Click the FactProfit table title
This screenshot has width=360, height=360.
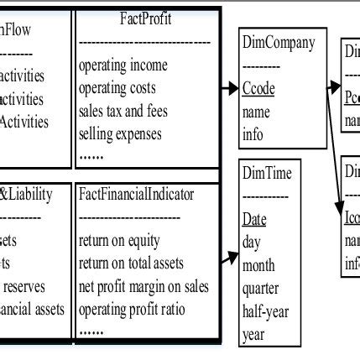pyautogui.click(x=147, y=18)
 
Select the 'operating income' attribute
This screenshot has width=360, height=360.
pyautogui.click(x=123, y=65)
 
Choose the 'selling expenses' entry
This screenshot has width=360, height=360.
pyautogui.click(x=123, y=133)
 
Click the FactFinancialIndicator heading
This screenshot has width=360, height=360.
pyautogui.click(x=136, y=195)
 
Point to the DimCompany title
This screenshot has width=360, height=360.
pyautogui.click(x=278, y=42)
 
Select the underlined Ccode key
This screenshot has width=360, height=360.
pyautogui.click(x=258, y=88)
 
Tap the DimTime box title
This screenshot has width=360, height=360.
pyautogui.click(x=267, y=174)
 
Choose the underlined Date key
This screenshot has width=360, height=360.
pyautogui.click(x=254, y=220)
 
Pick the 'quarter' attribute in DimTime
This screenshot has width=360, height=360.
pyautogui.click(x=261, y=288)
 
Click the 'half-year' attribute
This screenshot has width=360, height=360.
pyautogui.click(x=265, y=311)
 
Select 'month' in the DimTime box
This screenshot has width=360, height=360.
pyautogui.click(x=258, y=265)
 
